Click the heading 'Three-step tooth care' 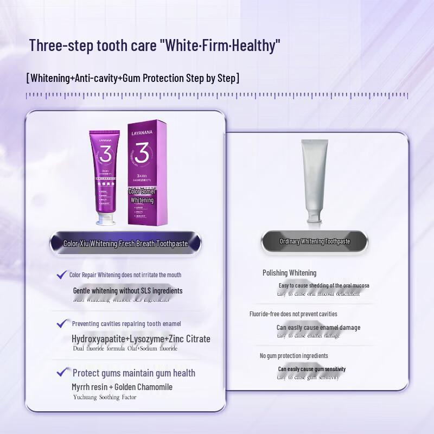pos(155,45)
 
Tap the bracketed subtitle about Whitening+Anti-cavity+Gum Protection pos(133,78)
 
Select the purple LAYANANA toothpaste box pos(146,174)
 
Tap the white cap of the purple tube pos(109,219)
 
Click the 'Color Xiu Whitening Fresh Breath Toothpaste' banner pos(125,244)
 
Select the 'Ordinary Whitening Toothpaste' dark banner pos(315,241)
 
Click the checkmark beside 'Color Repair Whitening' pos(61,275)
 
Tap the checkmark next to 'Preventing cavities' pos(62,323)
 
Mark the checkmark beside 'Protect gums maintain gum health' pos(62,373)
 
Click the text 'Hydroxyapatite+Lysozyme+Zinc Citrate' pos(141,339)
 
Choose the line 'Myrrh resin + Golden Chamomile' pos(122,387)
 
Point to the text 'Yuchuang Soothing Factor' pos(105,397)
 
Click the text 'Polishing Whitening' pos(289,273)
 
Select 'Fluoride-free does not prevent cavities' pos(293,314)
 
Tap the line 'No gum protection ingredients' pos(293,356)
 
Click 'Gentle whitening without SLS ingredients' pos(128,291)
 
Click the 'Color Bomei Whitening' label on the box pos(142,196)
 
